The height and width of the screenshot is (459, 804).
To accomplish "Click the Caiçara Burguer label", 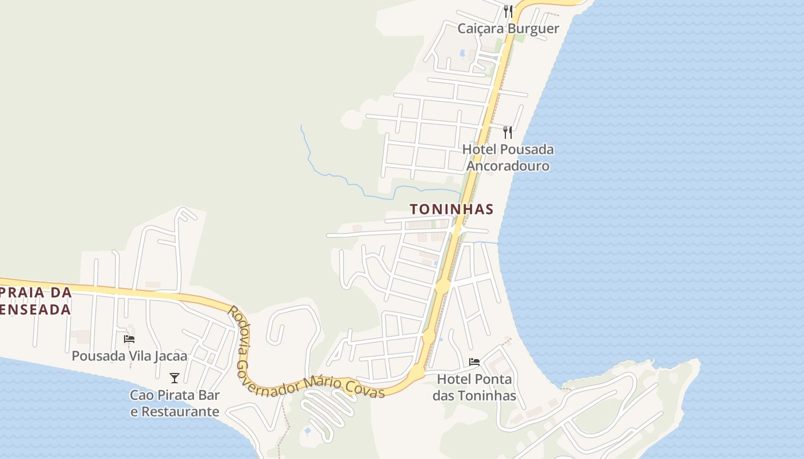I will click(508, 29).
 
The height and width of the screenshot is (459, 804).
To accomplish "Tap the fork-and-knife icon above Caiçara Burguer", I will click(508, 11).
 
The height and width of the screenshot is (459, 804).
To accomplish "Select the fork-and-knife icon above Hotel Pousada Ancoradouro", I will click(508, 133).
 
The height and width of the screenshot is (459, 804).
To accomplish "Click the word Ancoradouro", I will click(508, 166).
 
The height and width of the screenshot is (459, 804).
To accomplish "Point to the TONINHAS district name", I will click(452, 209).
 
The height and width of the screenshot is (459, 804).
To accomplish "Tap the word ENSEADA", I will click(36, 310).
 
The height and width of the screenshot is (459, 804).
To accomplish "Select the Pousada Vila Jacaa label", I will click(129, 356).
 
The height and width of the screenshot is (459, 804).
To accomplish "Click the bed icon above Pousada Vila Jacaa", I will click(129, 339).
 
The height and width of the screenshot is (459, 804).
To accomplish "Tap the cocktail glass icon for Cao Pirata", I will click(175, 378).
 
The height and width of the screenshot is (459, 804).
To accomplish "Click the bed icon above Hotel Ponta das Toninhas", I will click(474, 362).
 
